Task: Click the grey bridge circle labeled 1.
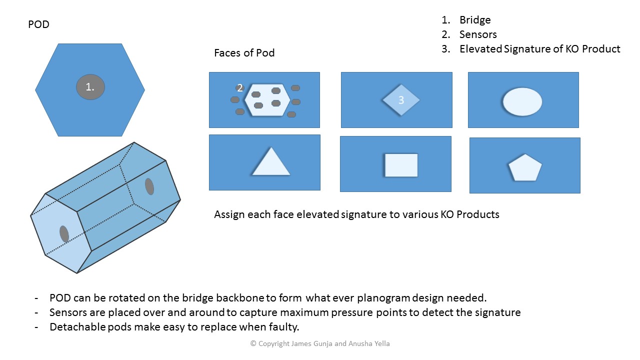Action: (90, 87)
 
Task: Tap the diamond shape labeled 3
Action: (401, 100)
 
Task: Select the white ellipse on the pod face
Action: (522, 101)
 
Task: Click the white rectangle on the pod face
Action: (401, 165)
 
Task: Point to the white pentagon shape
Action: (525, 167)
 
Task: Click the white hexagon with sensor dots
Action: (267, 99)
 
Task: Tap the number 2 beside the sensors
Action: (240, 87)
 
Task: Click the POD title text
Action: (38, 24)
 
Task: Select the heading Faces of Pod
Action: (244, 53)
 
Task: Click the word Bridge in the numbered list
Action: (475, 20)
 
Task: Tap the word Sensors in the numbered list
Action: (478, 34)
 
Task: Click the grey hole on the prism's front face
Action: (64, 233)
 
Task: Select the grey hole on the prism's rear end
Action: (149, 186)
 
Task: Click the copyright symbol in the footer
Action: (253, 343)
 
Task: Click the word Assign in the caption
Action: (229, 214)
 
